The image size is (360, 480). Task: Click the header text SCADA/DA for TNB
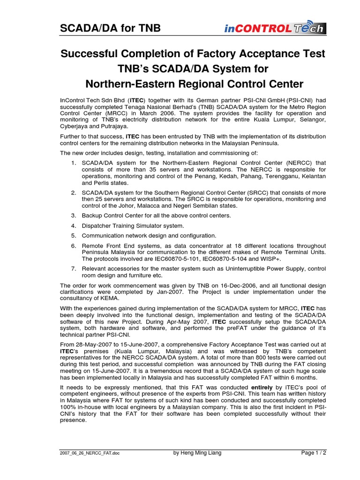(110, 29)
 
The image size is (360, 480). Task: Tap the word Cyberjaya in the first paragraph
(76, 127)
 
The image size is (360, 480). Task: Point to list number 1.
(74, 163)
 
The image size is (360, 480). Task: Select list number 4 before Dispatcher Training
(74, 225)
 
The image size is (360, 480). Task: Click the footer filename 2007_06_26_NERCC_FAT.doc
(88, 453)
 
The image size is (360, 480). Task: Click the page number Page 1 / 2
(313, 453)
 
